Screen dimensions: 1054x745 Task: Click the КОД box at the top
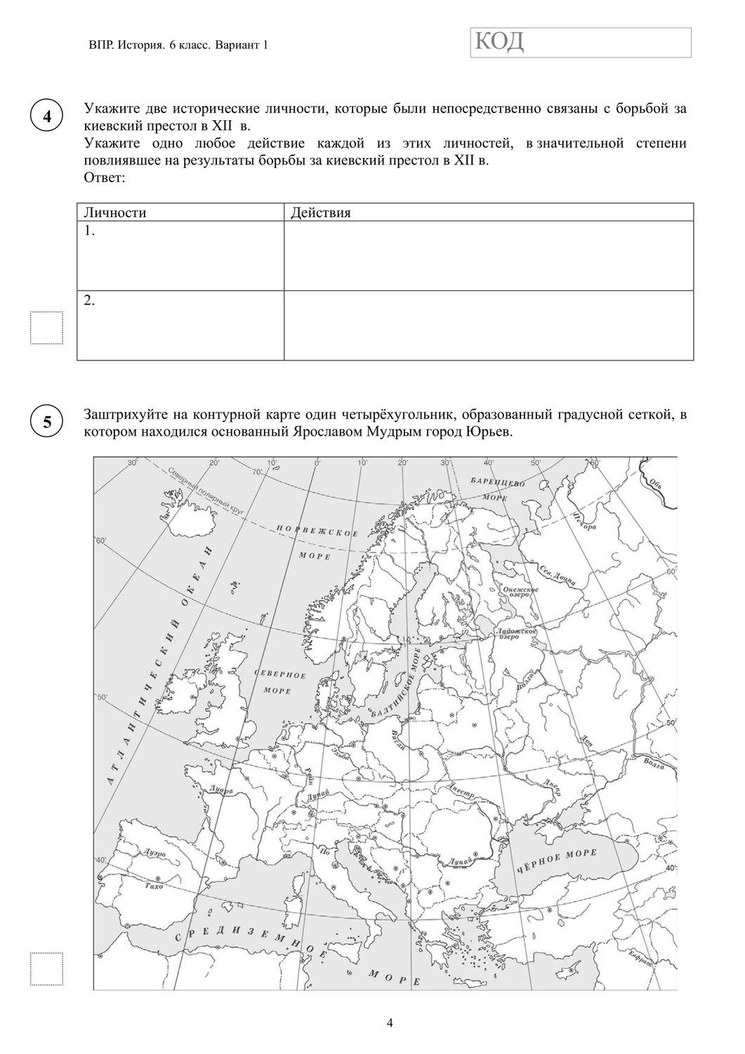pyautogui.click(x=580, y=42)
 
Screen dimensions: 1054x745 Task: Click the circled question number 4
pyautogui.click(x=47, y=117)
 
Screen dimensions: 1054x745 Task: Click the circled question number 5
pyautogui.click(x=47, y=422)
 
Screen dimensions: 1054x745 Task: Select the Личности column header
pyautogui.click(x=115, y=213)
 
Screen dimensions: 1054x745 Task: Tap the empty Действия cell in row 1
pyautogui.click(x=489, y=256)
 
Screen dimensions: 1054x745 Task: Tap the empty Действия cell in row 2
pyautogui.click(x=489, y=325)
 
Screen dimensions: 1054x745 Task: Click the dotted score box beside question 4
pyautogui.click(x=46, y=327)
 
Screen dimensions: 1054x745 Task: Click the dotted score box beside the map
pyautogui.click(x=46, y=969)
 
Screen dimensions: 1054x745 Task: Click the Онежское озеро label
pyautogui.click(x=520, y=592)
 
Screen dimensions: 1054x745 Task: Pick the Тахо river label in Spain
pyautogui.click(x=152, y=887)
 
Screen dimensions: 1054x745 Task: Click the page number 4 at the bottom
pyautogui.click(x=390, y=1022)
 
